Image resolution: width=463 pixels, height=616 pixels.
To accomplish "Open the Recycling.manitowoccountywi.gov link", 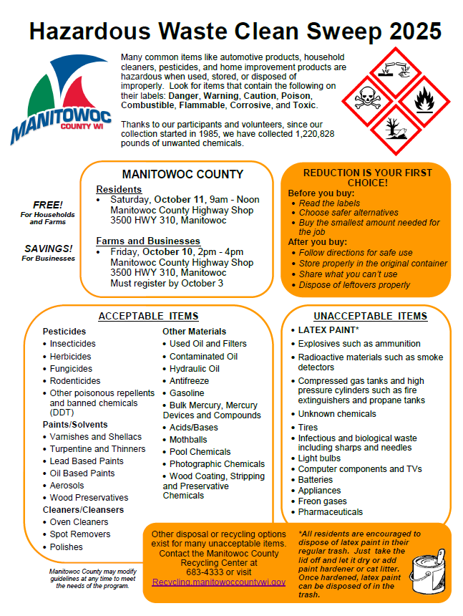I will click(218, 582).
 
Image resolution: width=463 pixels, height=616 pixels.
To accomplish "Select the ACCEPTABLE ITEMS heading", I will click(148, 316).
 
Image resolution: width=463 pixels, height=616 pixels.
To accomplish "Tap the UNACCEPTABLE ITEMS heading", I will click(370, 316).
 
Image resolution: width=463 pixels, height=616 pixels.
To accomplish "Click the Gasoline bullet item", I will click(187, 393).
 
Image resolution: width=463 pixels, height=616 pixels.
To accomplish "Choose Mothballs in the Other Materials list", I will click(188, 440).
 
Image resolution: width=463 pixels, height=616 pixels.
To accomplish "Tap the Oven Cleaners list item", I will click(79, 522).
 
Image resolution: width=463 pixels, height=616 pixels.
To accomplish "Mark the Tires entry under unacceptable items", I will click(308, 428).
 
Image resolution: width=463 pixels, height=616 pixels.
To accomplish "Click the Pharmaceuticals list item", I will click(330, 512).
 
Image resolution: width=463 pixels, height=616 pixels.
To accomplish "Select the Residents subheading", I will click(119, 189).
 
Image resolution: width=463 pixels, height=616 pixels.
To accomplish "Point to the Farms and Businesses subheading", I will click(148, 241).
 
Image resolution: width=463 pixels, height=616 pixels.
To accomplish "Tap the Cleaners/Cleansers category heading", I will click(83, 510).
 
